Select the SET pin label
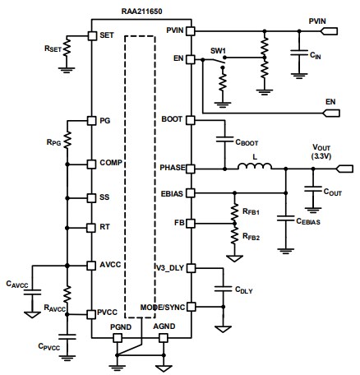click(106, 35)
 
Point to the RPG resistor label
click(55, 141)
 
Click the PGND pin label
click(122, 326)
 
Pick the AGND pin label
click(165, 326)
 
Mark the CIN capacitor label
click(312, 54)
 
